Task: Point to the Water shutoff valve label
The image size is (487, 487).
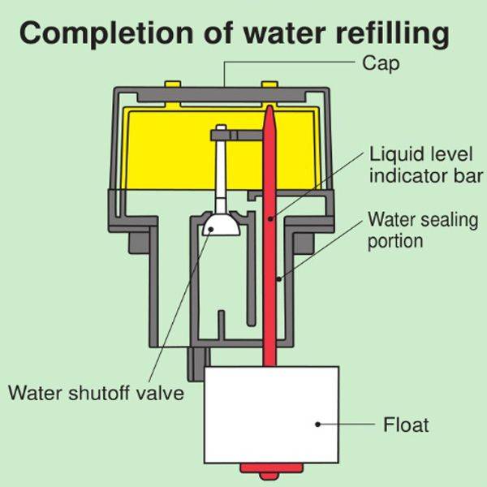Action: [96, 394]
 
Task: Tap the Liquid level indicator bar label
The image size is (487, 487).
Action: [426, 164]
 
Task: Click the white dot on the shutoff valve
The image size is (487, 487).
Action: [211, 229]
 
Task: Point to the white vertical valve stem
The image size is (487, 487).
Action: [222, 175]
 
